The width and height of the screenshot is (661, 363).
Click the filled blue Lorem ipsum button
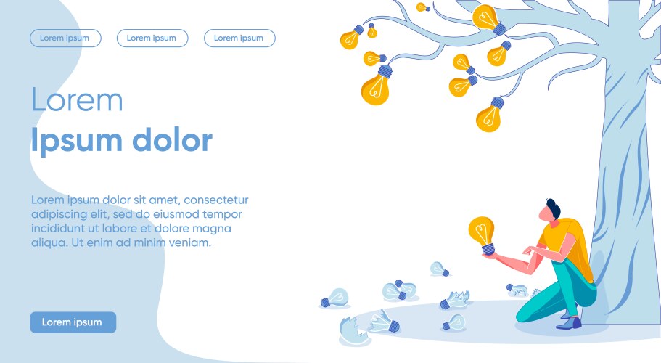[73, 322]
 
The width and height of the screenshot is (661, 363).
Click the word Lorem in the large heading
[77, 99]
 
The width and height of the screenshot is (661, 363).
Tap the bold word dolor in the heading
[173, 139]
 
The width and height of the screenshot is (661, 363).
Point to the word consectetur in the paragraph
[216, 200]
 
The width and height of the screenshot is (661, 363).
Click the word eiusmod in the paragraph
[176, 214]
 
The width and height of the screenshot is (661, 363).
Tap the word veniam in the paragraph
[189, 242]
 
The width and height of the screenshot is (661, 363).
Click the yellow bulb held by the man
[483, 234]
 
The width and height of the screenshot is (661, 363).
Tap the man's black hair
[554, 208]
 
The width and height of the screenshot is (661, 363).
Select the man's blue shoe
[569, 323]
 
